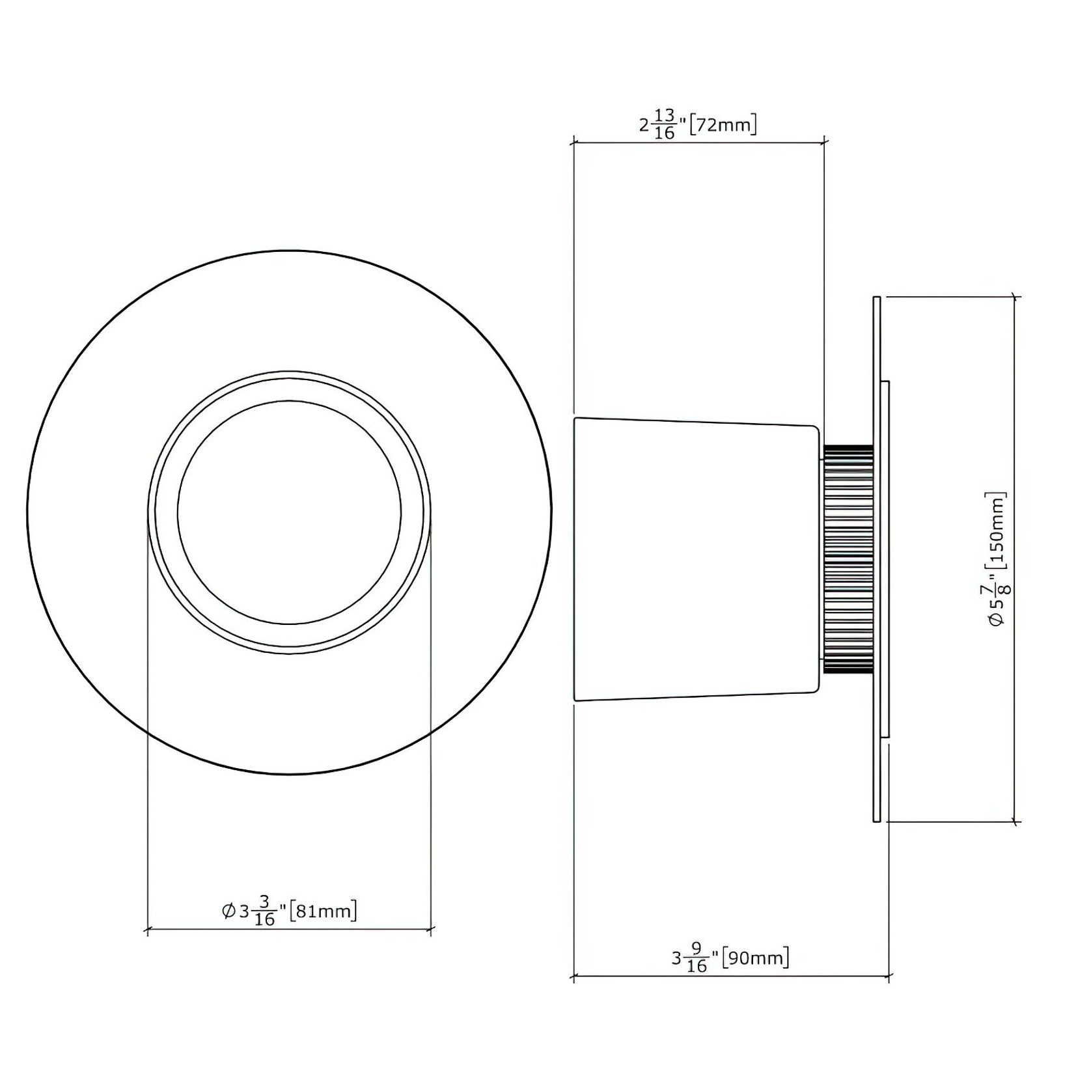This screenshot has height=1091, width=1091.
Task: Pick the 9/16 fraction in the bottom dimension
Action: pos(697,958)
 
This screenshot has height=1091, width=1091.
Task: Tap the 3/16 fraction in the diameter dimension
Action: pos(264,911)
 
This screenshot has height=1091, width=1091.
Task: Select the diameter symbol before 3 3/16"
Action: pos(228,911)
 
